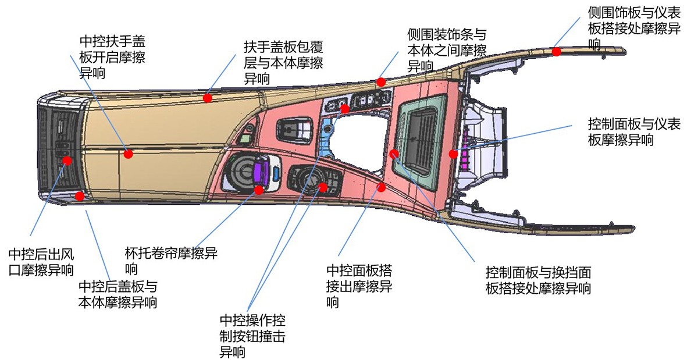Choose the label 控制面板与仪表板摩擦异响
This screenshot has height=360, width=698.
634,132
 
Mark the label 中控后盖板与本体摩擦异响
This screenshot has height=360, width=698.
118,294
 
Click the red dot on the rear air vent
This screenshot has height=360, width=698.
67,161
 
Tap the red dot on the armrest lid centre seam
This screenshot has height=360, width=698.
129,154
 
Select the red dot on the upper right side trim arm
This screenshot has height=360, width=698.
557,51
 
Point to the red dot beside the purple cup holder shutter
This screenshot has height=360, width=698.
258,190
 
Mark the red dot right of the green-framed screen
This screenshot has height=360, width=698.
453,154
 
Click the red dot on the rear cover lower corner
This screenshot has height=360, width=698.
80,196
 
